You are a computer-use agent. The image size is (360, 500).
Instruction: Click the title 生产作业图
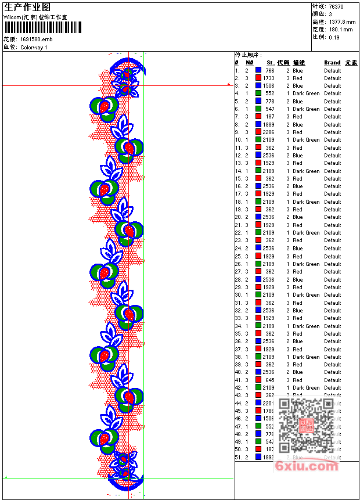coord(26,8)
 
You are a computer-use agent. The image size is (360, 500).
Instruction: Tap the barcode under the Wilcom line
coord(34,28)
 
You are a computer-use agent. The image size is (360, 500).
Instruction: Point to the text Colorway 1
coord(34,47)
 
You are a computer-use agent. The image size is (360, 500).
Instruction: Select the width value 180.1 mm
coord(340,29)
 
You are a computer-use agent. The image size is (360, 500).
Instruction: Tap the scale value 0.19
coord(334,37)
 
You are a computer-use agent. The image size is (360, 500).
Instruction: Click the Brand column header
coord(332,63)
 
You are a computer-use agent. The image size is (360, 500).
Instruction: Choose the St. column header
coord(271,63)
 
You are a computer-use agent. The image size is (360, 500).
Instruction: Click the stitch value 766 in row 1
coord(270,70)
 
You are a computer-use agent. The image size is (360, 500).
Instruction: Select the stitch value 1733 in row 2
coord(268,78)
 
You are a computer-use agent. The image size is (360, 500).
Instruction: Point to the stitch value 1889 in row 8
coord(268,124)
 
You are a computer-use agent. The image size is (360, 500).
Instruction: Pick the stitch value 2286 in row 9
coord(268,132)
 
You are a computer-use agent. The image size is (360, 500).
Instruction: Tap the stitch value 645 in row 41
coord(270,380)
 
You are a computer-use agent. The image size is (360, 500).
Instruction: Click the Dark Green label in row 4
coord(306,93)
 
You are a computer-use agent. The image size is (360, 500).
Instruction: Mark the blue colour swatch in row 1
coord(258,70)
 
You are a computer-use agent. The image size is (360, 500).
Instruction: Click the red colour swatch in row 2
coord(258,78)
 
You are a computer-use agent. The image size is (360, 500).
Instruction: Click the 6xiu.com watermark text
coord(306,466)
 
